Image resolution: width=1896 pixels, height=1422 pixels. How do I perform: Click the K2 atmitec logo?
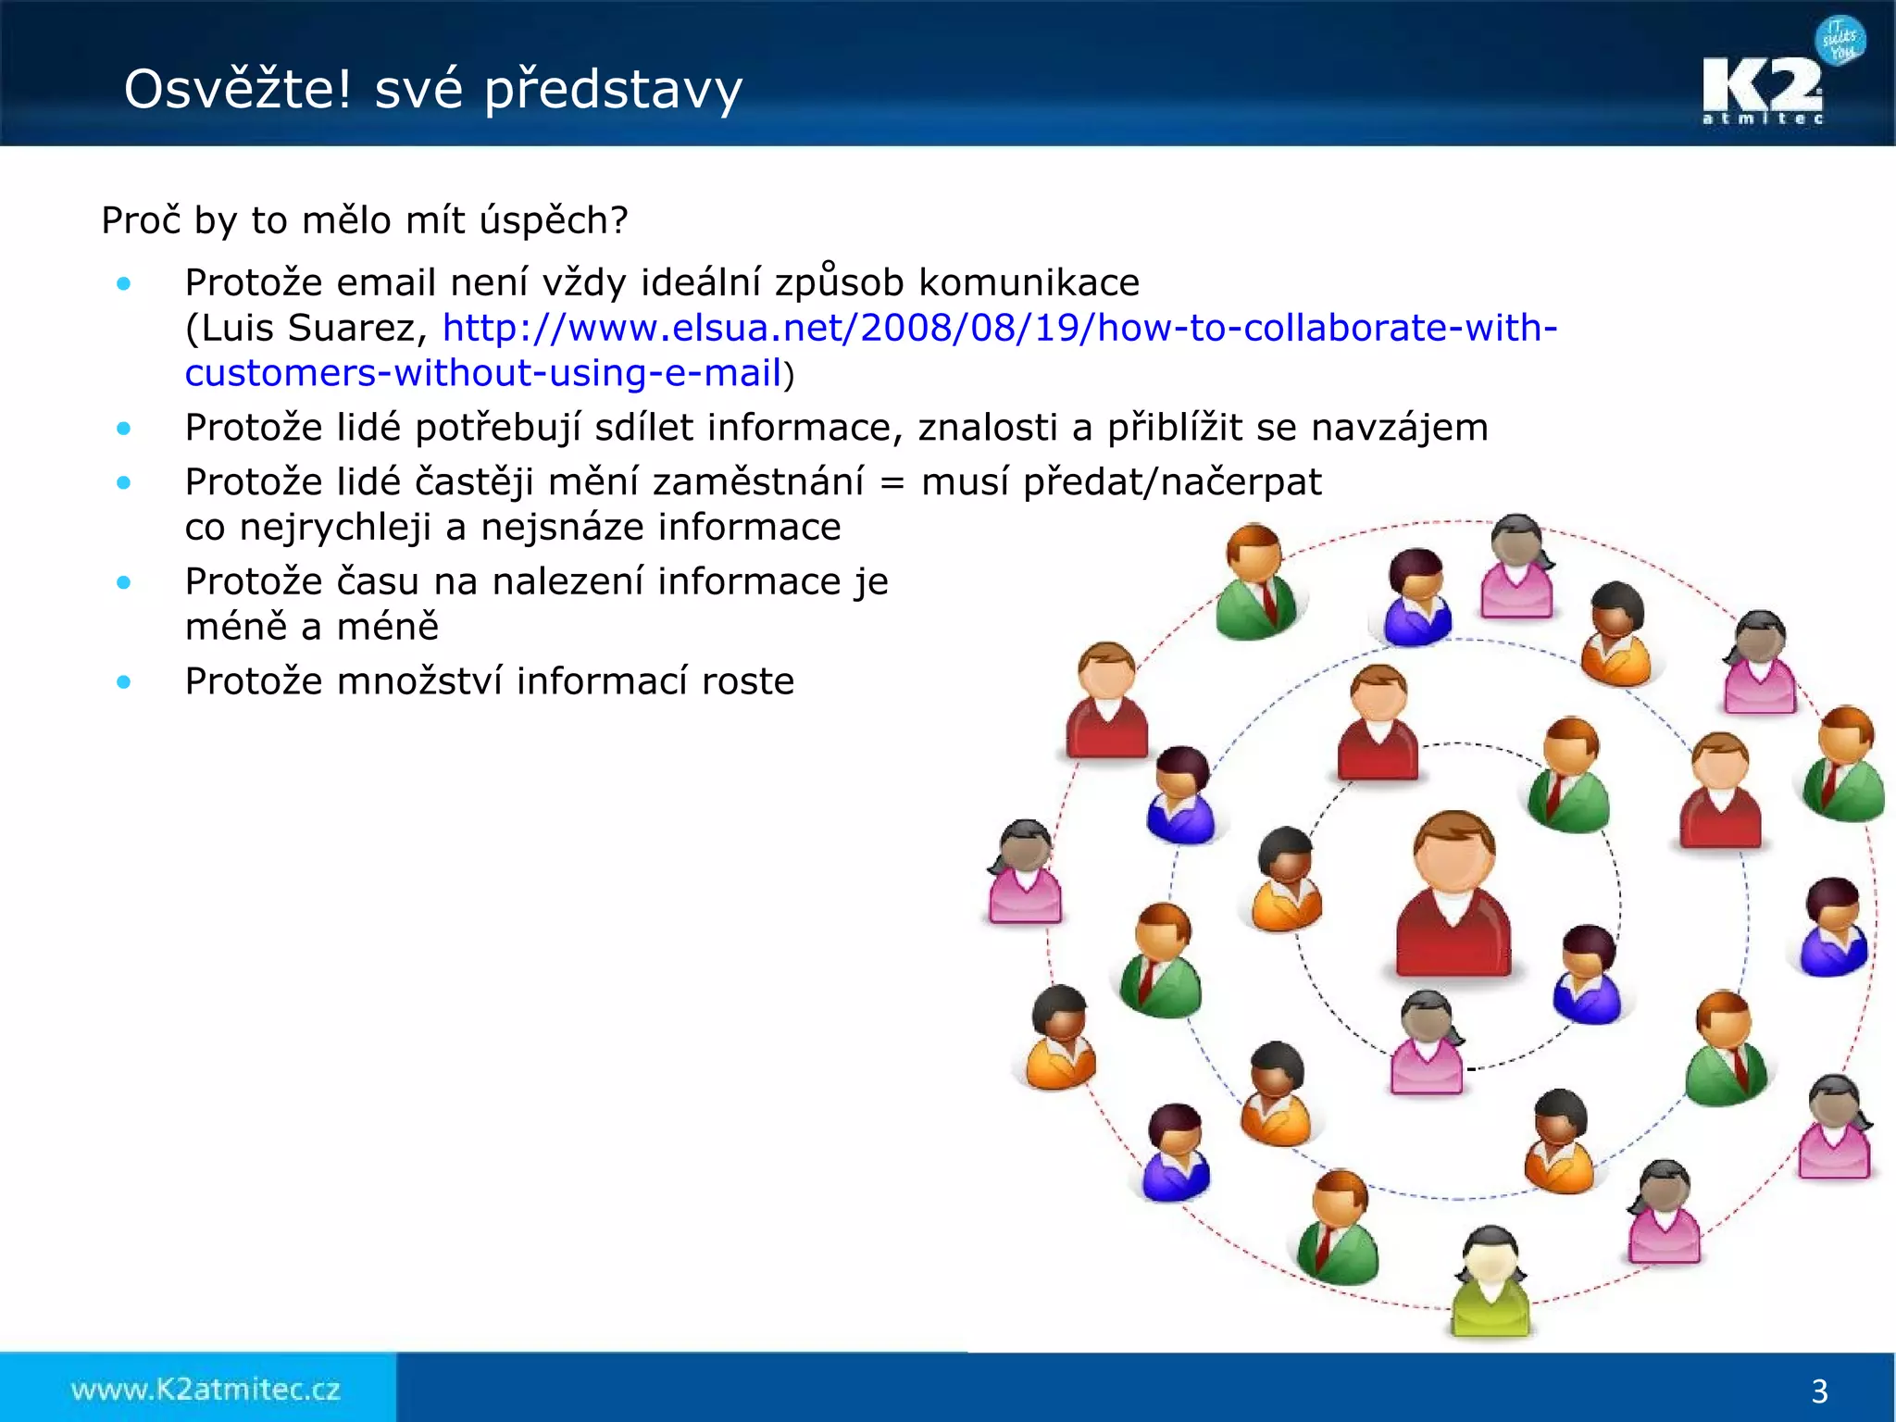coord(1763,91)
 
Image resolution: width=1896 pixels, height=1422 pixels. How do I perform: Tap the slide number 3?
coord(1819,1391)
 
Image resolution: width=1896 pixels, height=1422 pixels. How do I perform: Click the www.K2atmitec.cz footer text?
coord(206,1390)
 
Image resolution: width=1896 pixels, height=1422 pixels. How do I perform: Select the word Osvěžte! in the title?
coord(238,89)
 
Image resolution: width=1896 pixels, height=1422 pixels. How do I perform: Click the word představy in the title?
coord(613,91)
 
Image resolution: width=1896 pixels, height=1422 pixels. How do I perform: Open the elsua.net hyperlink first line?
coord(1000,328)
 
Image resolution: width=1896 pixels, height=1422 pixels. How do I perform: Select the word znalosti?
coord(988,428)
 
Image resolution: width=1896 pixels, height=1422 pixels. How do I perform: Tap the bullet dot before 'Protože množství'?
coord(124,682)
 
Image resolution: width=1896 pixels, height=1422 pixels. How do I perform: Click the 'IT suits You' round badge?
coord(1840,41)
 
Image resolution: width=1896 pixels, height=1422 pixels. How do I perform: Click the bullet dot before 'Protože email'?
coord(124,283)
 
